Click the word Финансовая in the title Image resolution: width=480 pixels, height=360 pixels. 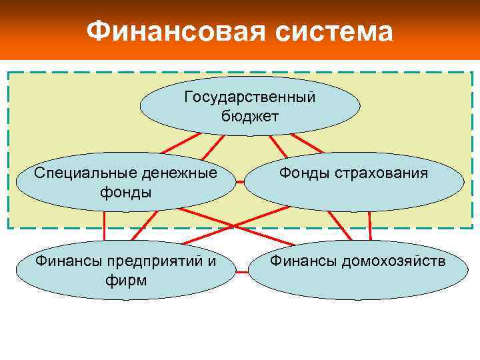pos(168,31)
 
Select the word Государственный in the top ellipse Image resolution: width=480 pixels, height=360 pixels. pos(250,97)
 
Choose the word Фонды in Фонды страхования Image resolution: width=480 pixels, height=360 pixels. pos(303,173)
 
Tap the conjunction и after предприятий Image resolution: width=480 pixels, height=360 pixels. pos(212,261)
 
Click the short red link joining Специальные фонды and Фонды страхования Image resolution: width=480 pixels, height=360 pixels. pos(243,182)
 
